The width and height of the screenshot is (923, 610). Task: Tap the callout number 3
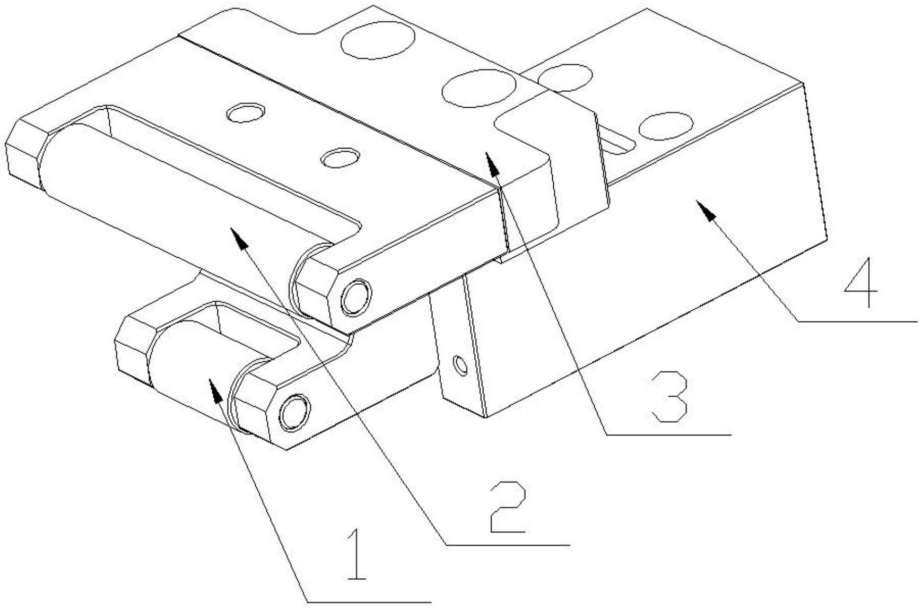point(669,397)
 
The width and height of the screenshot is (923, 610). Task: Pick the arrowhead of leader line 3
point(492,162)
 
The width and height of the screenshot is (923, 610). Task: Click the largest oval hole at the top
point(378,40)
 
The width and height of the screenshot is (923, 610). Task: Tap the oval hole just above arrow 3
point(478,88)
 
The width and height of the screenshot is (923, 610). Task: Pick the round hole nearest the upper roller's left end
point(246,112)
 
